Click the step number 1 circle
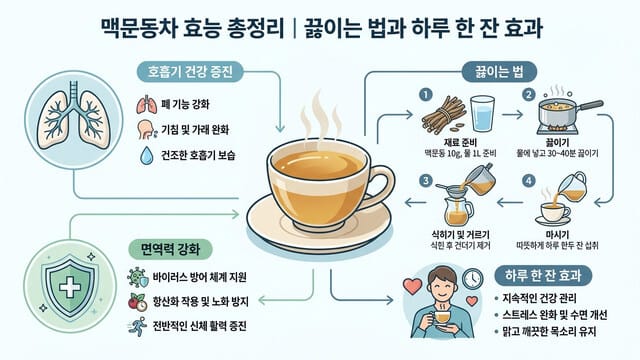pos(423,96)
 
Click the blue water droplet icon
pos(147,155)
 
